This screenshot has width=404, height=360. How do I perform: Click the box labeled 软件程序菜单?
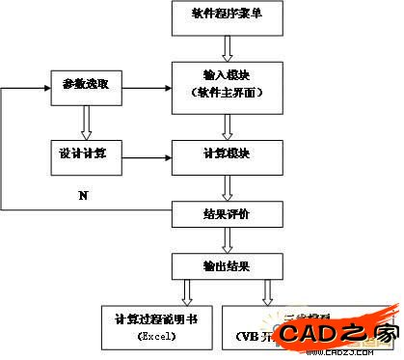click(x=229, y=16)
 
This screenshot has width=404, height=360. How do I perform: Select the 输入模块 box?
click(x=229, y=83)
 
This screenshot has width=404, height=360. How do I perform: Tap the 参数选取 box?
click(x=86, y=86)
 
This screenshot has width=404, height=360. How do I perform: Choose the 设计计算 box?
click(x=86, y=154)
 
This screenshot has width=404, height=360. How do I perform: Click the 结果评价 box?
click(x=229, y=210)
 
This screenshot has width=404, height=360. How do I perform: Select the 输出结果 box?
click(x=229, y=265)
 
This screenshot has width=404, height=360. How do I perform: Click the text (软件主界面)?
click(x=229, y=92)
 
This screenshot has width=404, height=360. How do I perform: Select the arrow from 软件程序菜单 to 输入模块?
click(x=229, y=47)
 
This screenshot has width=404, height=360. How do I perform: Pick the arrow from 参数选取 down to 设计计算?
click(x=86, y=120)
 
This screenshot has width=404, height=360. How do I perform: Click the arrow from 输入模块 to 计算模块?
click(x=229, y=124)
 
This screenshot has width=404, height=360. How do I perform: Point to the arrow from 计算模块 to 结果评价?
click(x=229, y=185)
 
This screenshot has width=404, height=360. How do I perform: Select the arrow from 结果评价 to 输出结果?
click(x=229, y=238)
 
